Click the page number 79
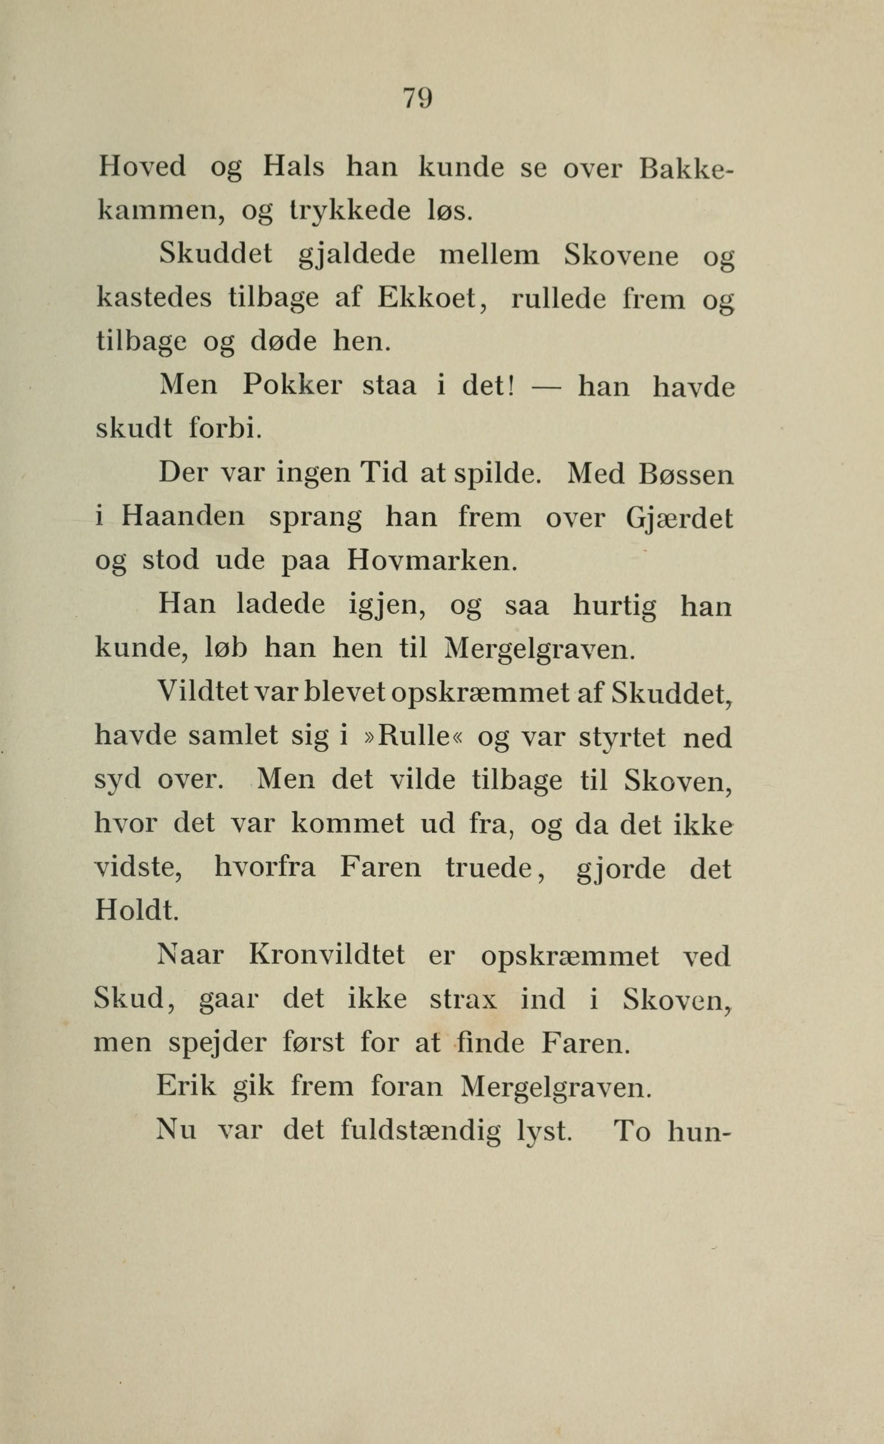(417, 98)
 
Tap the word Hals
(293, 168)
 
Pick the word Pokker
(292, 385)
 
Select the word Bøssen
(686, 474)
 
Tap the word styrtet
(622, 737)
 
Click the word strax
(464, 1000)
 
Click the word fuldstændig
(420, 1131)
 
